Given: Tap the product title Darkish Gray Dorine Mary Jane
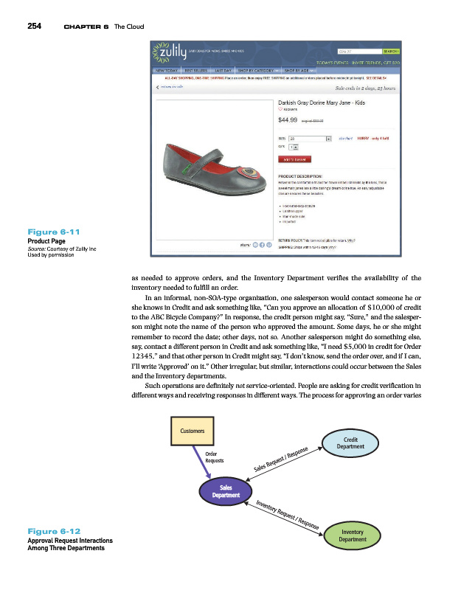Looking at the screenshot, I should pyautogui.click(x=319, y=104).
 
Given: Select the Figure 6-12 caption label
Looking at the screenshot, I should pyautogui.click(x=52, y=531).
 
